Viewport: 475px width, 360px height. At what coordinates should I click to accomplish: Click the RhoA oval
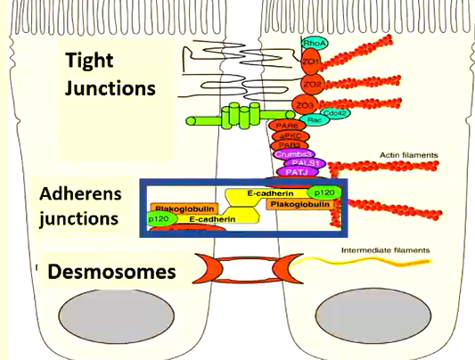click(314, 42)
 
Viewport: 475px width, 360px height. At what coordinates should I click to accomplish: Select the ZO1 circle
click(311, 62)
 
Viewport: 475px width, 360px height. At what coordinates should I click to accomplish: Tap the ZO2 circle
click(312, 85)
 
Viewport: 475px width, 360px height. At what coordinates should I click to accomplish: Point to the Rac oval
click(314, 119)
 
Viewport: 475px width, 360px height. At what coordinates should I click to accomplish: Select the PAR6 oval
click(288, 127)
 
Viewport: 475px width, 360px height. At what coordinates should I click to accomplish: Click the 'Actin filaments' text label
click(408, 155)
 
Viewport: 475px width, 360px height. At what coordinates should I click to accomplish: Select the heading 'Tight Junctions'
click(110, 74)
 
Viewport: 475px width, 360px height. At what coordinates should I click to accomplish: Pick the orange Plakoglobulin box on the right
click(299, 205)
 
